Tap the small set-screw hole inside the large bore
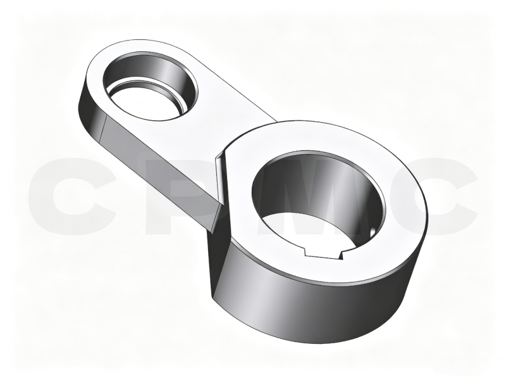point(372,232)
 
